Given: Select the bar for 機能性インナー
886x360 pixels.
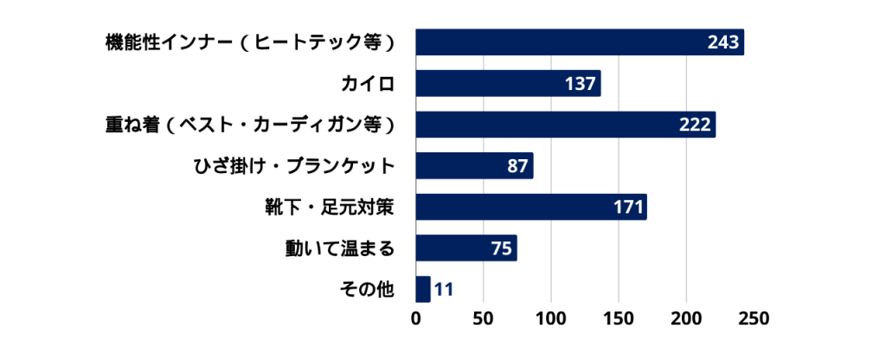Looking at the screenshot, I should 554,42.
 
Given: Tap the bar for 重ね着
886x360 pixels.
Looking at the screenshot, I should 545,125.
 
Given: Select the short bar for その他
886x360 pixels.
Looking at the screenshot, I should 423,289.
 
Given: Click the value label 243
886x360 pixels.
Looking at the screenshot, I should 721,42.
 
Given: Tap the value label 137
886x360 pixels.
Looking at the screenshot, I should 579,84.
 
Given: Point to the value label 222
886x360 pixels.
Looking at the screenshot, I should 694,125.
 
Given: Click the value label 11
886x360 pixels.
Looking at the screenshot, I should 444,289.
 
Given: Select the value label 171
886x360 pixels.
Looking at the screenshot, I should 626,207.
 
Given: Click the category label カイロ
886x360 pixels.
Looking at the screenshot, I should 368,84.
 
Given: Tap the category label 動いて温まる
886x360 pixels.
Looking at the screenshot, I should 340,248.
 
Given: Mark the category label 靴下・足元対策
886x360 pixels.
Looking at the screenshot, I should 330,207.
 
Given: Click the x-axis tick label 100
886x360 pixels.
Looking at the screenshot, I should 551,318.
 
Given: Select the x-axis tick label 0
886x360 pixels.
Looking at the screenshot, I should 416,318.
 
